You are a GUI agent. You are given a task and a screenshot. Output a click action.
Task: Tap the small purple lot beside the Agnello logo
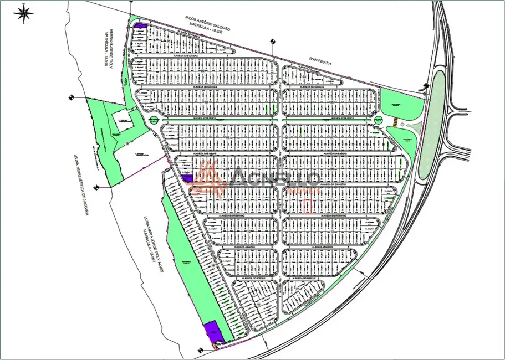tap(187, 178)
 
